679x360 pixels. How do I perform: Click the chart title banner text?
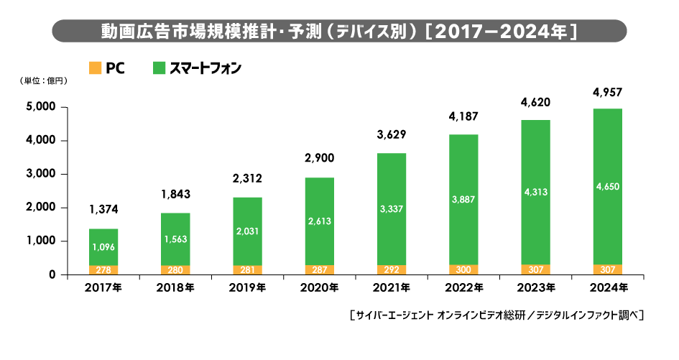[x=340, y=32]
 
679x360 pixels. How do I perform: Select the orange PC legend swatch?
[x=94, y=68]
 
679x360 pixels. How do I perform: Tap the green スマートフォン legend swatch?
[x=159, y=68]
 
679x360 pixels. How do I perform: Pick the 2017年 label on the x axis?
[x=103, y=288]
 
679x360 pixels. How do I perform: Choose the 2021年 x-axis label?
[x=391, y=288]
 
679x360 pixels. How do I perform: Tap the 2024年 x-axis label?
[x=607, y=288]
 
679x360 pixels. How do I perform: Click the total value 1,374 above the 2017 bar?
[x=103, y=210]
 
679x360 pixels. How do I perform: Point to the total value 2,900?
[x=319, y=157]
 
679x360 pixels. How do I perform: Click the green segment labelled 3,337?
[x=391, y=209]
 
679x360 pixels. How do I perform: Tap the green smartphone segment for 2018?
[x=175, y=239]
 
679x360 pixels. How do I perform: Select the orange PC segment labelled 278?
[x=103, y=269]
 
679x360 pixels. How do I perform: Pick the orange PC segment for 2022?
[x=463, y=269]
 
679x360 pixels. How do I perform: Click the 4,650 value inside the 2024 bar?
[x=607, y=187]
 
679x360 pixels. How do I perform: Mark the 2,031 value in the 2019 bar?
[x=247, y=231]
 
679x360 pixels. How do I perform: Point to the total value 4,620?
[x=535, y=103]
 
